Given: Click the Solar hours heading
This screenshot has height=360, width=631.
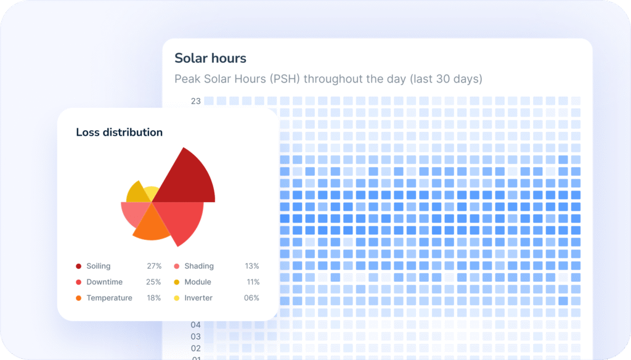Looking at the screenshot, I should [210, 59].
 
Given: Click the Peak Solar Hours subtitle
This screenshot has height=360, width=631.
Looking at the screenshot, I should [328, 79].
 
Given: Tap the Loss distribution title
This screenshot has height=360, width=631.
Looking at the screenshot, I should [119, 132].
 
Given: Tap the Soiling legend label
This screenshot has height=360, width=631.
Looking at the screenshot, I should [99, 266].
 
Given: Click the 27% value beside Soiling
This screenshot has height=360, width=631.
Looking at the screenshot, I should [154, 266].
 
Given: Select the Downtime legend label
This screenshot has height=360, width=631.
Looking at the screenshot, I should [104, 282].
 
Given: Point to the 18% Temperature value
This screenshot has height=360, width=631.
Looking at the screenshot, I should [154, 298].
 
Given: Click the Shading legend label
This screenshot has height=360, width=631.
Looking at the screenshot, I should [198, 266].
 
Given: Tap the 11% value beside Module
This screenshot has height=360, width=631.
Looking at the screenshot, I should [252, 282].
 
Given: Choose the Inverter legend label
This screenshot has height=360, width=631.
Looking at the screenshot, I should [198, 298].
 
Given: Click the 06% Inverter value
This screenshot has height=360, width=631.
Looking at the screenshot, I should [251, 298].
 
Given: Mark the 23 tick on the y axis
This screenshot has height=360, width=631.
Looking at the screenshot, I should [195, 101].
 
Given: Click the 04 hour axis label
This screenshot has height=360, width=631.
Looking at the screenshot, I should [195, 325].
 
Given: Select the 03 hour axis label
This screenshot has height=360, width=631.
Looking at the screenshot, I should [195, 337].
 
